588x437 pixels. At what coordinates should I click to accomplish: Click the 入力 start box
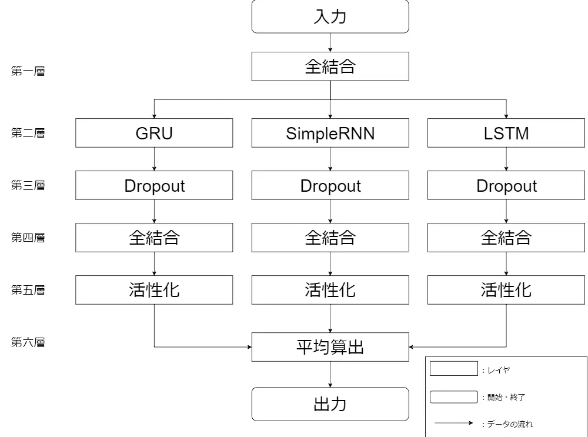pyautogui.click(x=330, y=16)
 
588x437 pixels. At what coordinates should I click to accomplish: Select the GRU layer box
pyautogui.click(x=154, y=133)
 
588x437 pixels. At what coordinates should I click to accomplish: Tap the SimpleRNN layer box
pyautogui.click(x=330, y=133)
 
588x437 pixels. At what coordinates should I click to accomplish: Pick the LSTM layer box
pyautogui.click(x=506, y=133)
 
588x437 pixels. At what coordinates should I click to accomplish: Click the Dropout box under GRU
pyautogui.click(x=154, y=185)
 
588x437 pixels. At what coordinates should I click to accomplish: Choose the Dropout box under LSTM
pyautogui.click(x=506, y=185)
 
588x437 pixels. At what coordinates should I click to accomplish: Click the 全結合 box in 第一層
pyautogui.click(x=330, y=66)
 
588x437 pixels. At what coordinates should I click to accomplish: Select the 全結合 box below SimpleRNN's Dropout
pyautogui.click(x=330, y=238)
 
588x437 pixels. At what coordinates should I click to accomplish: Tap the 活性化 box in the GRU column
pyautogui.click(x=154, y=290)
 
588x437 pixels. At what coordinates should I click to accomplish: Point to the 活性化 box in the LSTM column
pyautogui.click(x=506, y=290)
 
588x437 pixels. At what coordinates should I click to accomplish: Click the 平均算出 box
pyautogui.click(x=330, y=347)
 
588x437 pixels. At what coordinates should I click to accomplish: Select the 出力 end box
pyautogui.click(x=330, y=404)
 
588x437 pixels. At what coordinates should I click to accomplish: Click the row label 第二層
pyautogui.click(x=28, y=133)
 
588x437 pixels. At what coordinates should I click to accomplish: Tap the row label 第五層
pyautogui.click(x=28, y=290)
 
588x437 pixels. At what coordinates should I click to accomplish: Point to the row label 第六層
pyautogui.click(x=28, y=342)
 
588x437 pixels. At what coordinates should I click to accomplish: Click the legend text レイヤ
pyautogui.click(x=497, y=370)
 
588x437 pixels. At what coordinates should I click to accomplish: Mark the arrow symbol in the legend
pyautogui.click(x=453, y=423)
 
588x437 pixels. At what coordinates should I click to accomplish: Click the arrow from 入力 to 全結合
pyautogui.click(x=330, y=42)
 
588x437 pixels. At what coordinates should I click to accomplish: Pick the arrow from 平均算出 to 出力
pyautogui.click(x=330, y=374)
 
